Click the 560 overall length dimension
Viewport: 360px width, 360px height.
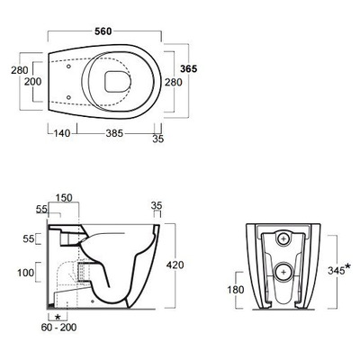(103, 31)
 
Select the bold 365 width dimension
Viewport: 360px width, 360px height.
(189, 68)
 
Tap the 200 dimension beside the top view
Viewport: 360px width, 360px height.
(33, 81)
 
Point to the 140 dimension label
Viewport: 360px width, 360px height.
(62, 133)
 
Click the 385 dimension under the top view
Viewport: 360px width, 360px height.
(114, 133)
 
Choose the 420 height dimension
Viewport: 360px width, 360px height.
(175, 265)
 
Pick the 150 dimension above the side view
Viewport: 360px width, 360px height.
(64, 198)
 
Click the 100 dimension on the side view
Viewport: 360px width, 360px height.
(26, 273)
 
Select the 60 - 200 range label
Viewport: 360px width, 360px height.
(58, 327)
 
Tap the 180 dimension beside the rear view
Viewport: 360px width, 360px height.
(236, 290)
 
